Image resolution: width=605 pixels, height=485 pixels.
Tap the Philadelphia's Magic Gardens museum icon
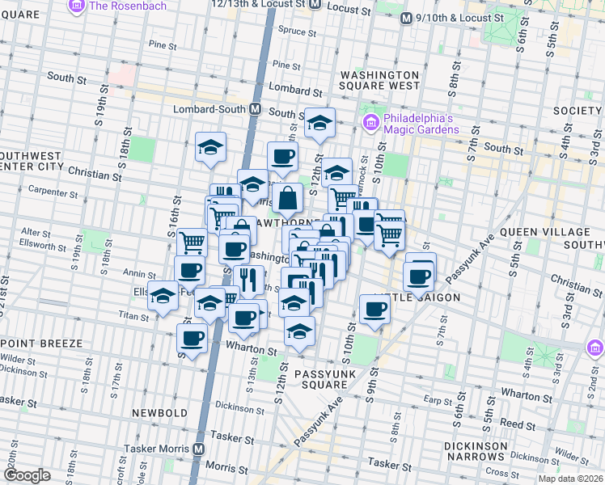coord(371,123)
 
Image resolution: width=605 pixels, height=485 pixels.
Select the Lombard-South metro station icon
coord(255,108)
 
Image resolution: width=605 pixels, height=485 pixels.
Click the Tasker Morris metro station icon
coord(199,449)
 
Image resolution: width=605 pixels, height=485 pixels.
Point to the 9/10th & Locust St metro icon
coord(406,18)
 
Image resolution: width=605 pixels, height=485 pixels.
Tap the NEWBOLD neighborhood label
coord(161,413)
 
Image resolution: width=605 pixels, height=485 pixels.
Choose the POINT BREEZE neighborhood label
coord(41,344)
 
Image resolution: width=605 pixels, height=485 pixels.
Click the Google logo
coord(27,475)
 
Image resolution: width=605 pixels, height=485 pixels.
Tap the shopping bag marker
coord(287,196)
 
